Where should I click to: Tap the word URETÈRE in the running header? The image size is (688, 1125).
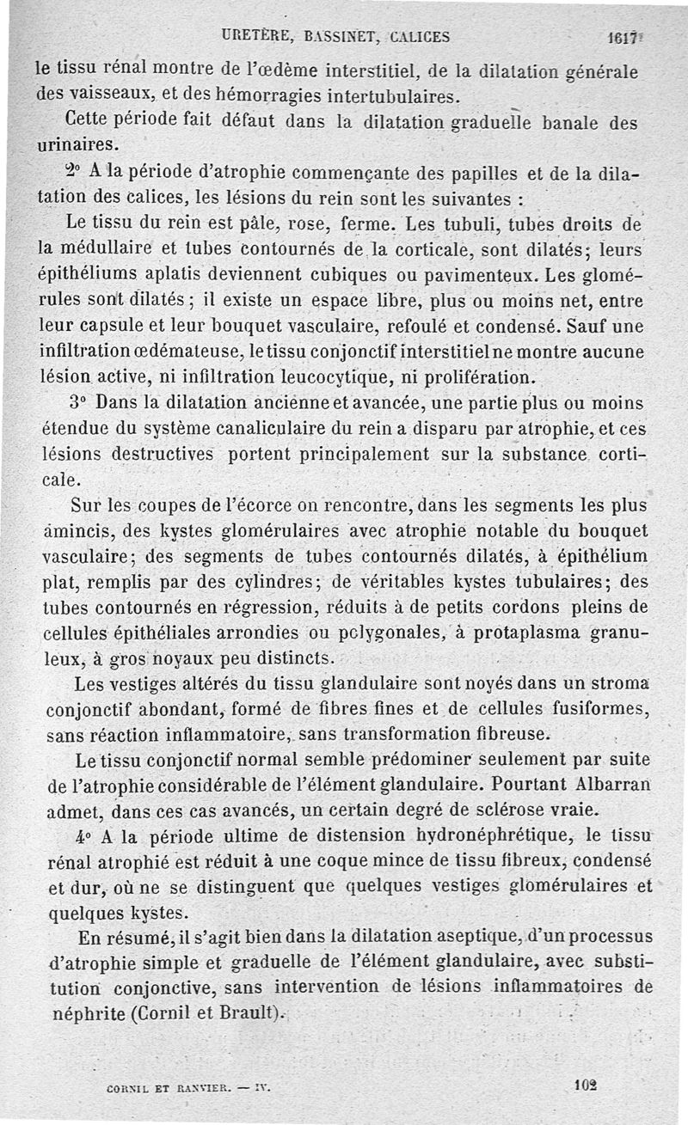click(253, 36)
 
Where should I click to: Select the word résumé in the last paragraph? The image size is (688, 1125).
click(163, 936)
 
